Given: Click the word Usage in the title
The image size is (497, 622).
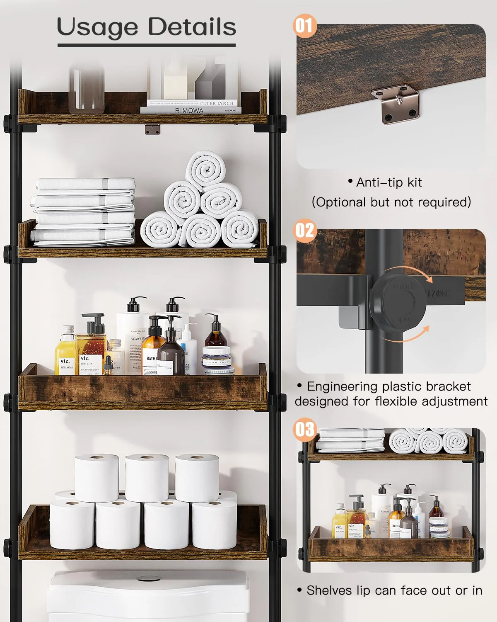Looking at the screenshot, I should click(x=97, y=27).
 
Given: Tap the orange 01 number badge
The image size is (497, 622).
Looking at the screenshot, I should click(x=304, y=26).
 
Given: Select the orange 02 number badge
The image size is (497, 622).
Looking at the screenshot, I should click(x=304, y=230).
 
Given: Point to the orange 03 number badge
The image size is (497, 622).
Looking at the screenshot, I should click(x=304, y=429).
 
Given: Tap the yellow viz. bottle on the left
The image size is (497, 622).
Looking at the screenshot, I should click(x=65, y=352).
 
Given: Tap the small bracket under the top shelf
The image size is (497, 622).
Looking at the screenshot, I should click(x=152, y=129).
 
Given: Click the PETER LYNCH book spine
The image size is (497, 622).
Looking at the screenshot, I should click(x=217, y=103).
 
